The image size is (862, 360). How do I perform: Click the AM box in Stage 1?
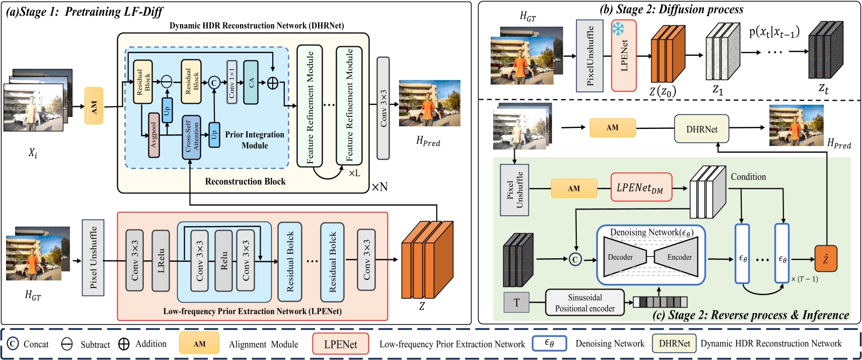(x=94, y=106)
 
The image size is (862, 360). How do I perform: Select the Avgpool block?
(x=154, y=135)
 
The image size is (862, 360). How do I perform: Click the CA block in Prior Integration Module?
(x=251, y=82)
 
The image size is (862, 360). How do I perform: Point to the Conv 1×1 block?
(x=231, y=82)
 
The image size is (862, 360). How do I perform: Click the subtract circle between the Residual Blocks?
(x=167, y=82)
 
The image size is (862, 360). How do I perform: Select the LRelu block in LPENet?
(x=161, y=261)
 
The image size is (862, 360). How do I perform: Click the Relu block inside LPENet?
(x=223, y=261)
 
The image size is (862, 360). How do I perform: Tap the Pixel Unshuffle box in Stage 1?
(x=93, y=257)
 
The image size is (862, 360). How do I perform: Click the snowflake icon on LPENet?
(x=618, y=29)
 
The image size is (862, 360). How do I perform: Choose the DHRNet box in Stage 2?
(x=701, y=129)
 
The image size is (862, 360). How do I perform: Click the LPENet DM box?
(x=641, y=188)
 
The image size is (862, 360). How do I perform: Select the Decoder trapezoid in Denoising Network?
(x=623, y=257)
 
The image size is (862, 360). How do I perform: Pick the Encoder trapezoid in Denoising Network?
(x=677, y=257)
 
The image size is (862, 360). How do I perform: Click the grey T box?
(x=516, y=303)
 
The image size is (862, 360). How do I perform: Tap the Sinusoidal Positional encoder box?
(x=585, y=303)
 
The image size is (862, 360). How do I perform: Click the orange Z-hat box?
(x=826, y=259)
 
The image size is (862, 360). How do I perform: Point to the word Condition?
(x=748, y=177)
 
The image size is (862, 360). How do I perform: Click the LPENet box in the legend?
(x=340, y=344)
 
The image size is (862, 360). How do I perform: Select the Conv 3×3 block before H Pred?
(x=383, y=108)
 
